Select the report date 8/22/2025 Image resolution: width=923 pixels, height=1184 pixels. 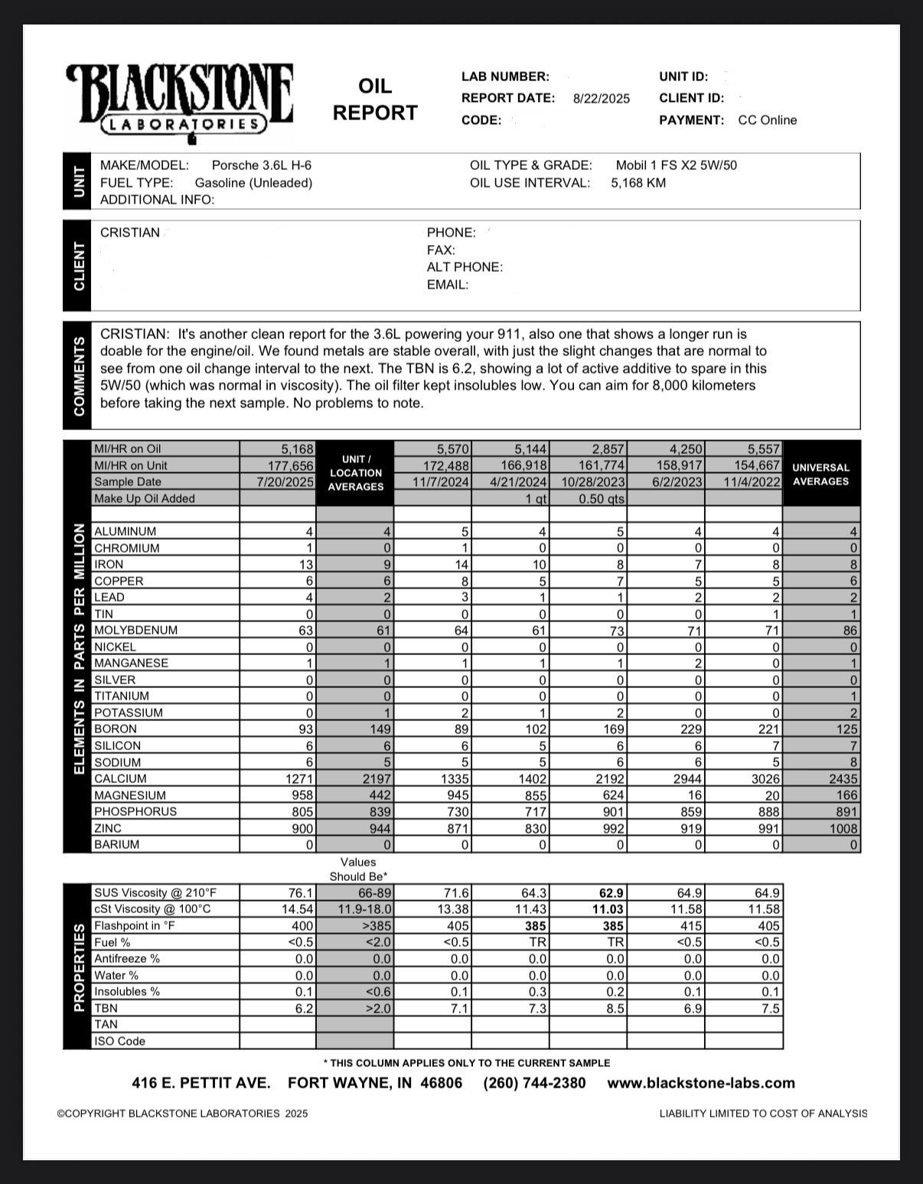(x=601, y=99)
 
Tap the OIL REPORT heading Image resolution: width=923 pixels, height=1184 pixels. (x=375, y=99)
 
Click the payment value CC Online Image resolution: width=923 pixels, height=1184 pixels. (x=767, y=120)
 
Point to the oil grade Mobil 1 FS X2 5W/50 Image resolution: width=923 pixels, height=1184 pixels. (x=676, y=165)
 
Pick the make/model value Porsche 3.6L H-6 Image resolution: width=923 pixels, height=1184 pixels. (x=261, y=165)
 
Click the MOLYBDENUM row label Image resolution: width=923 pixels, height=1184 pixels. (x=135, y=631)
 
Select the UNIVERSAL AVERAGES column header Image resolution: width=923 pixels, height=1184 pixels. (x=820, y=475)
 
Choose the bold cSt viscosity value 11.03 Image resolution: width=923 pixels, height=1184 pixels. (x=610, y=909)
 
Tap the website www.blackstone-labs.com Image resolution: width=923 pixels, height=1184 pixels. (x=700, y=1083)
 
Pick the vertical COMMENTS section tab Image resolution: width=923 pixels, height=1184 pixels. (x=77, y=376)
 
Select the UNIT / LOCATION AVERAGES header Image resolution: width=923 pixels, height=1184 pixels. (x=355, y=473)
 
